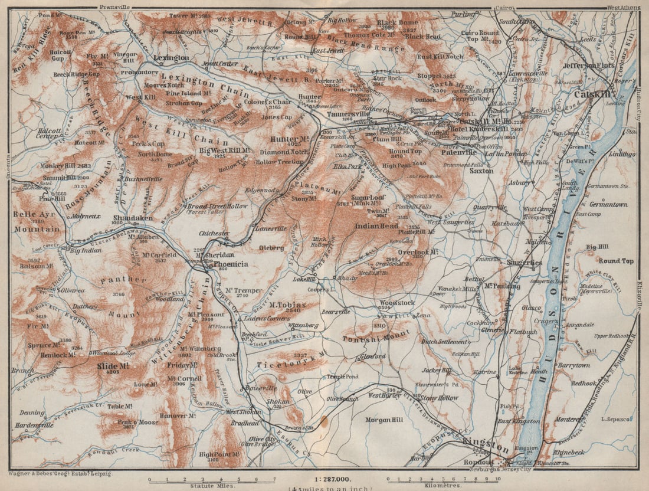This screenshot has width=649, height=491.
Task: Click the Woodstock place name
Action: tap(397, 303)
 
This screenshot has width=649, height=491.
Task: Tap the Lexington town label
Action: tap(171, 58)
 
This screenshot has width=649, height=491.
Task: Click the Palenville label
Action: tap(458, 152)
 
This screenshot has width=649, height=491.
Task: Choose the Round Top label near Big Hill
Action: tap(616, 260)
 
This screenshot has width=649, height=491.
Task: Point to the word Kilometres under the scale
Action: tap(439, 486)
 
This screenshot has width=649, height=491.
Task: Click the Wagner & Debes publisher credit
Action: tap(59, 473)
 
